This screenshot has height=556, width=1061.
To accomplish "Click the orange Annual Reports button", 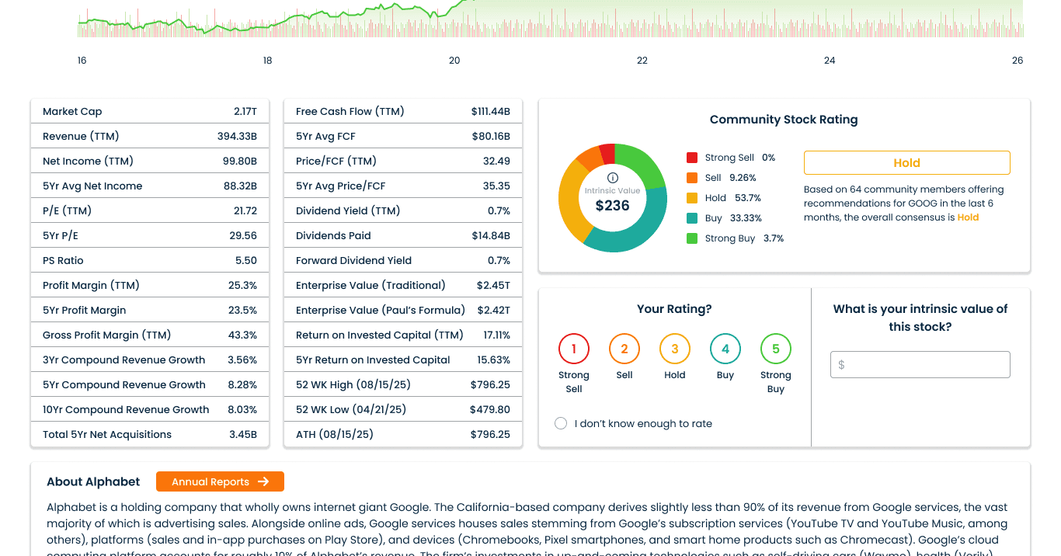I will click(220, 481).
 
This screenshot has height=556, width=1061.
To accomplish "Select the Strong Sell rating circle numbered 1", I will click(574, 349).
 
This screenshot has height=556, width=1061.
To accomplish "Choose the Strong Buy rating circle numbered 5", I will click(775, 349).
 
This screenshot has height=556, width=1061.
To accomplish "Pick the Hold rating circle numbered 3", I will click(675, 349).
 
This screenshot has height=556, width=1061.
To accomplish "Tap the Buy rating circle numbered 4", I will click(725, 349).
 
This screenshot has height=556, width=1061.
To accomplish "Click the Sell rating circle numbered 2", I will click(624, 349).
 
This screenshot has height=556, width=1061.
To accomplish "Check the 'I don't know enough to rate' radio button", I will click(561, 423).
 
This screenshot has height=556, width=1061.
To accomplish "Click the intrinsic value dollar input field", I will click(920, 364).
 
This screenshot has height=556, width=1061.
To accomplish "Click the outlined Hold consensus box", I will click(906, 163).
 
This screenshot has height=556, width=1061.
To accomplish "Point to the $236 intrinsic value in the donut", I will click(612, 206).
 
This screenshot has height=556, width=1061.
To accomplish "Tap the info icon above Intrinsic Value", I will click(612, 178).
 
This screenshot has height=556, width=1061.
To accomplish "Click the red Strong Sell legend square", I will click(692, 158).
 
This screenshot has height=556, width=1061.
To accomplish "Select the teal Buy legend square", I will click(692, 218).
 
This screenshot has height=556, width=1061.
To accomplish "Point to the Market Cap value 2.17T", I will click(245, 112).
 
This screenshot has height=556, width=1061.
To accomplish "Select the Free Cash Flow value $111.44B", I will click(490, 112).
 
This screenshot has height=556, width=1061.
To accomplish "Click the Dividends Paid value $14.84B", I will click(491, 236).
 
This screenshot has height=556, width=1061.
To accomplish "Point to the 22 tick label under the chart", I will click(642, 61).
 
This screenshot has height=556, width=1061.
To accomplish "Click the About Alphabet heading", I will click(93, 481).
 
